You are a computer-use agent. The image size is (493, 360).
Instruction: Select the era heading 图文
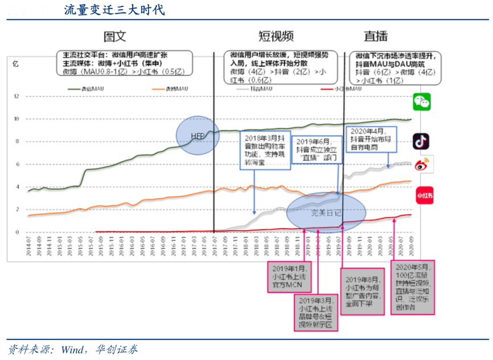click(114, 36)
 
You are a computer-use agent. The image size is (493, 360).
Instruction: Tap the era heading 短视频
click(276, 36)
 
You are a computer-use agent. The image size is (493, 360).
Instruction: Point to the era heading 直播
click(376, 36)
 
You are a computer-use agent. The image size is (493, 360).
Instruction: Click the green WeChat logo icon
click(422, 102)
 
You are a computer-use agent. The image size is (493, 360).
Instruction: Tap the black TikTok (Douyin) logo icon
click(422, 141)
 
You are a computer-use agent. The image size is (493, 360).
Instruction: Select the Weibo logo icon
click(422, 165)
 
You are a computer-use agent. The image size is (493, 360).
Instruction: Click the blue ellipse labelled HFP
click(198, 135)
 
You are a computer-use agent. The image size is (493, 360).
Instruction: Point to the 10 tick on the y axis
click(17, 119)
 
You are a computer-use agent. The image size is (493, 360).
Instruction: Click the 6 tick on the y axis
click(18, 164)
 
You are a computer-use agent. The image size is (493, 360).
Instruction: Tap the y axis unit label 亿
click(15, 64)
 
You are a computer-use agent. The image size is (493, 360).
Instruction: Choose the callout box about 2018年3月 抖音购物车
click(262, 150)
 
